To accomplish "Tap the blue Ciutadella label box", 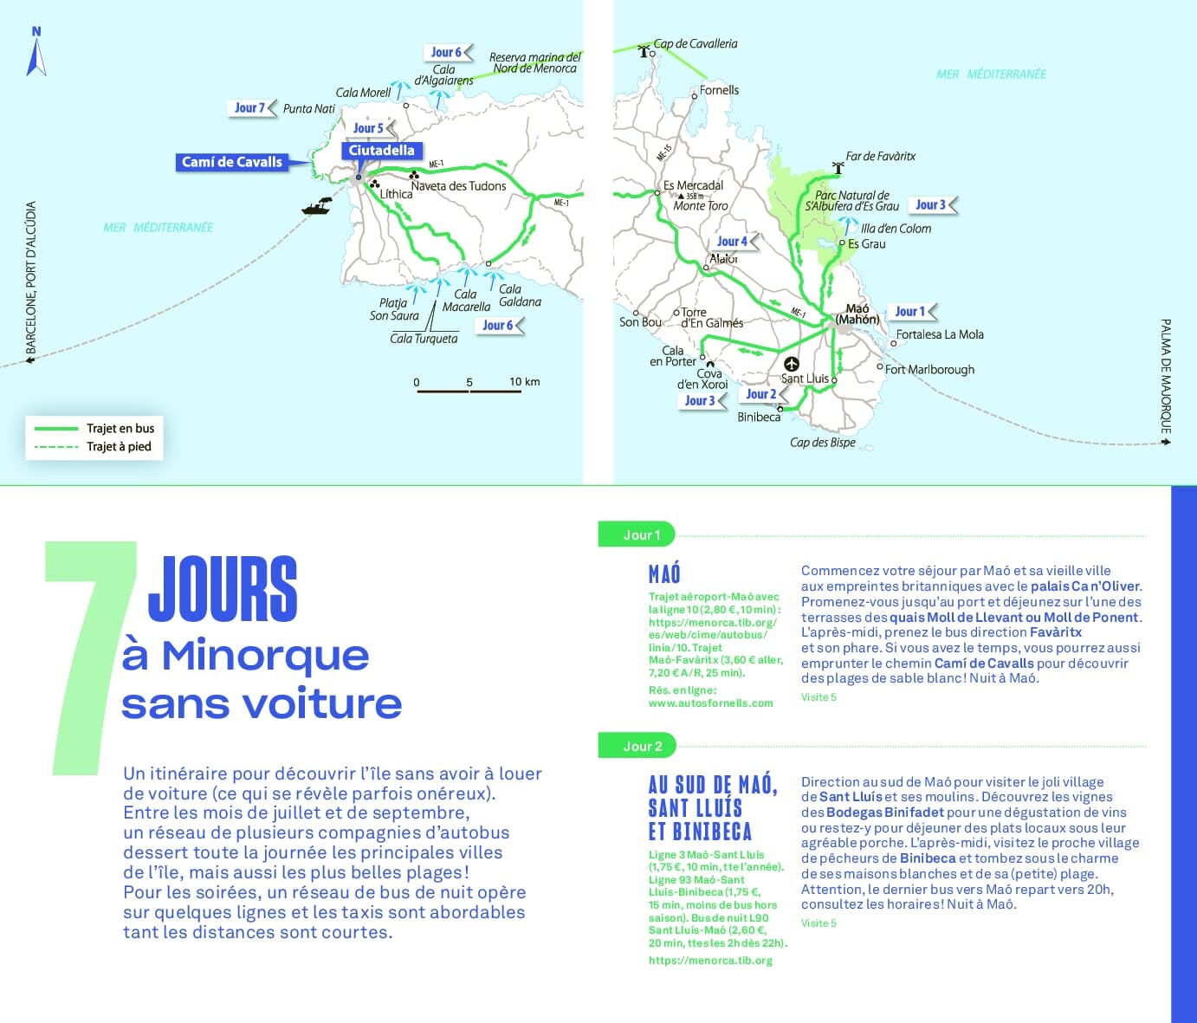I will [381, 151].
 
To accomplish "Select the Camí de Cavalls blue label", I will [232, 162].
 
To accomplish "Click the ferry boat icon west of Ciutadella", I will [317, 206].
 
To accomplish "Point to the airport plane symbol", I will [791, 364].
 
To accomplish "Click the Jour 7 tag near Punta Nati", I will [250, 108].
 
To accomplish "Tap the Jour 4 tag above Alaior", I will [733, 242].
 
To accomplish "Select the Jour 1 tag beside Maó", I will [911, 312].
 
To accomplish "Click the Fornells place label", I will [719, 90].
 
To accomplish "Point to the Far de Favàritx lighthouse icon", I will [838, 166].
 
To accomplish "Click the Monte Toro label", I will [701, 206].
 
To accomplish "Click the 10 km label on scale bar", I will [524, 381].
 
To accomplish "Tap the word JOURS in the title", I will [223, 590].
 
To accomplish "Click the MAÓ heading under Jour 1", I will [664, 573].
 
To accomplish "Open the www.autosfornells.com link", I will [710, 703].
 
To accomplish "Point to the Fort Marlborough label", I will [929, 370].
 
